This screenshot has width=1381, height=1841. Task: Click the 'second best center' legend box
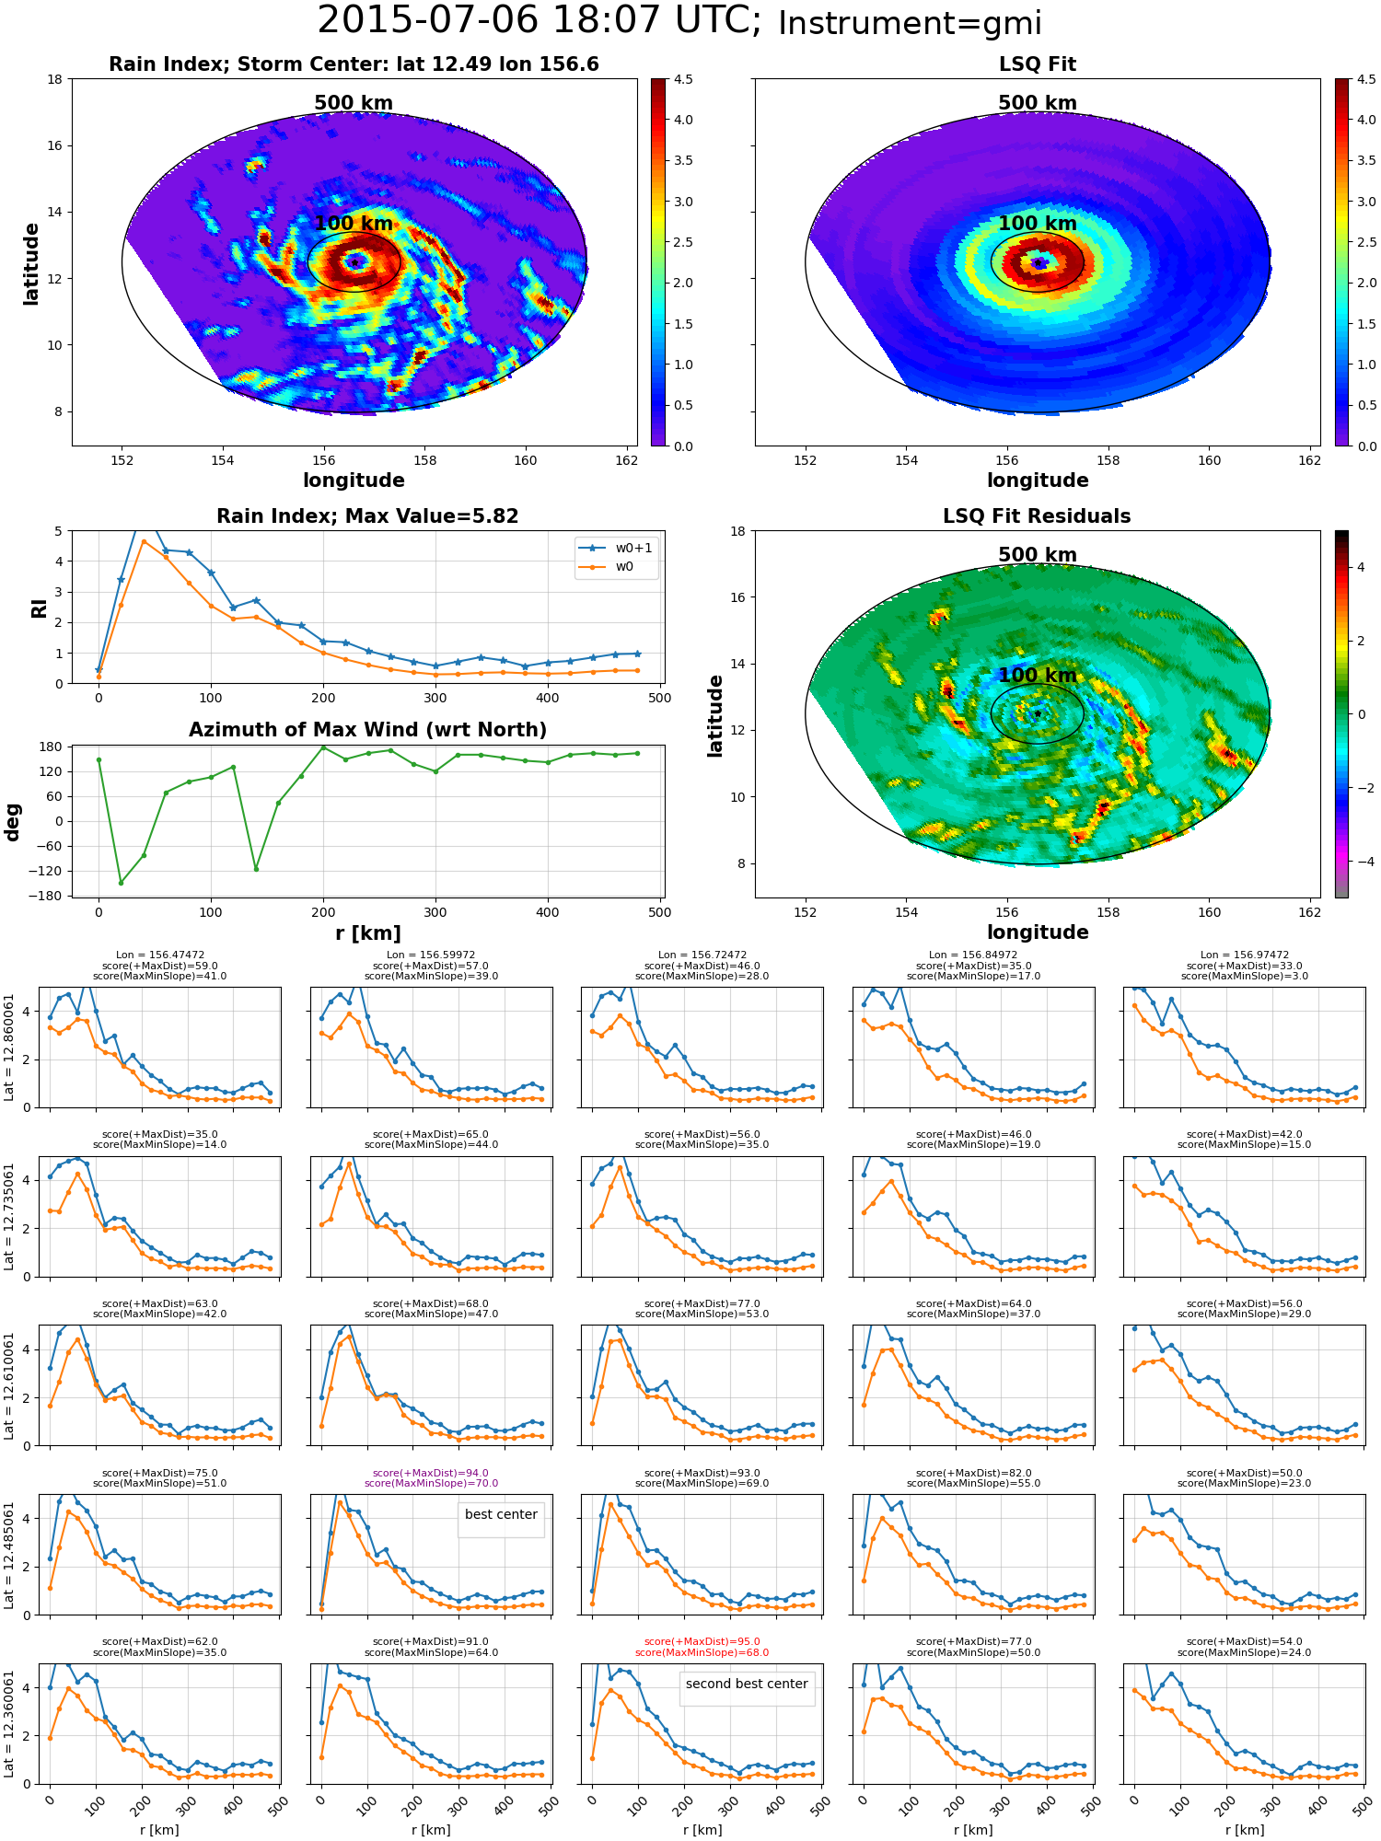747,1688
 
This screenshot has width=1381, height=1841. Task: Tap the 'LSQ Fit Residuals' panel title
1037,516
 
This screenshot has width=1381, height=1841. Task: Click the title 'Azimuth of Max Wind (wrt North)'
367,730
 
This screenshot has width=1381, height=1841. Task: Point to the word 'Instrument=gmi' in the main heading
910,23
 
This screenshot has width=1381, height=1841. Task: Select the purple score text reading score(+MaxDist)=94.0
431,1473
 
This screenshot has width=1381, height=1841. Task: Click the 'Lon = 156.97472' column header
1244,955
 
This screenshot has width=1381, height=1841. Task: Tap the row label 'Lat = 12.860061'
9,1048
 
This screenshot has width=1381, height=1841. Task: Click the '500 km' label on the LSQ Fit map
1038,103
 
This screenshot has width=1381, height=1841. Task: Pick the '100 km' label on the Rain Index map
354,224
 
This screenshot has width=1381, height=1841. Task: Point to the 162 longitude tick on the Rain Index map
626,460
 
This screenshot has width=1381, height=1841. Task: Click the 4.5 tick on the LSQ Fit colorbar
1366,80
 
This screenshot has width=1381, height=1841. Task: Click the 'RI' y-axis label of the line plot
39,608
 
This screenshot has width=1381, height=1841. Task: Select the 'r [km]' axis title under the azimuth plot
368,933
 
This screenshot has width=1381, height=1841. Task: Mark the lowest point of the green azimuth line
121,883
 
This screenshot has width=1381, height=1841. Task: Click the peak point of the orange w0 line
144,541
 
